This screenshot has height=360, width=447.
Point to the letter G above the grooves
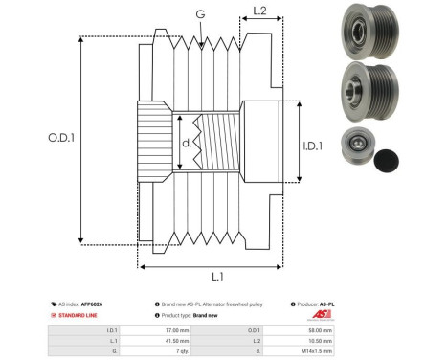(x=199, y=13)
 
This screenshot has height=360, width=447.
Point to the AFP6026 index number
(x=91, y=304)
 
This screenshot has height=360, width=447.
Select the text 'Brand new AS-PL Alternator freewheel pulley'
(x=206, y=304)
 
